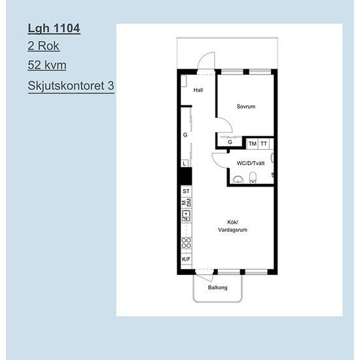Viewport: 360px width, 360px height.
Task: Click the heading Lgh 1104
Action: tap(54, 28)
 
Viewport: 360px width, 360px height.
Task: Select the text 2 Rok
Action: tap(44, 46)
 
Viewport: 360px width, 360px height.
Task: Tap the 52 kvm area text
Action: tap(47, 65)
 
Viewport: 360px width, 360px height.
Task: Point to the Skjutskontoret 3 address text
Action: tap(71, 86)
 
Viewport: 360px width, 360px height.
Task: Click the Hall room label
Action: tap(198, 90)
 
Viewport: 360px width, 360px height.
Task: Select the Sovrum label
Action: tap(246, 107)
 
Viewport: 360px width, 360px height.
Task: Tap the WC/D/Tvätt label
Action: tap(251, 163)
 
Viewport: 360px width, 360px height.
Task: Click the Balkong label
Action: tap(218, 287)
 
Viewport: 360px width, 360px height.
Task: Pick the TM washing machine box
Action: tap(252, 144)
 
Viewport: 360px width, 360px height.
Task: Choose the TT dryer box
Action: tap(264, 144)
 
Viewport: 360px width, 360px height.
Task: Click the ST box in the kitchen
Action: tap(186, 191)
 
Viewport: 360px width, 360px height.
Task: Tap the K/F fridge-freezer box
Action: tap(186, 259)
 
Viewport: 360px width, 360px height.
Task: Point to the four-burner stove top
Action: tap(186, 243)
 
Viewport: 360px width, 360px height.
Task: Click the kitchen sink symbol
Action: tap(186, 216)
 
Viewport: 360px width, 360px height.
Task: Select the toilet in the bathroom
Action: tap(253, 177)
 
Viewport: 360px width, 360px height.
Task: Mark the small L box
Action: tap(185, 163)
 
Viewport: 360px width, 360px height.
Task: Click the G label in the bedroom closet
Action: tap(230, 142)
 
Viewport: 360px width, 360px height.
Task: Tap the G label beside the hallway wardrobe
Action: tap(185, 135)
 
